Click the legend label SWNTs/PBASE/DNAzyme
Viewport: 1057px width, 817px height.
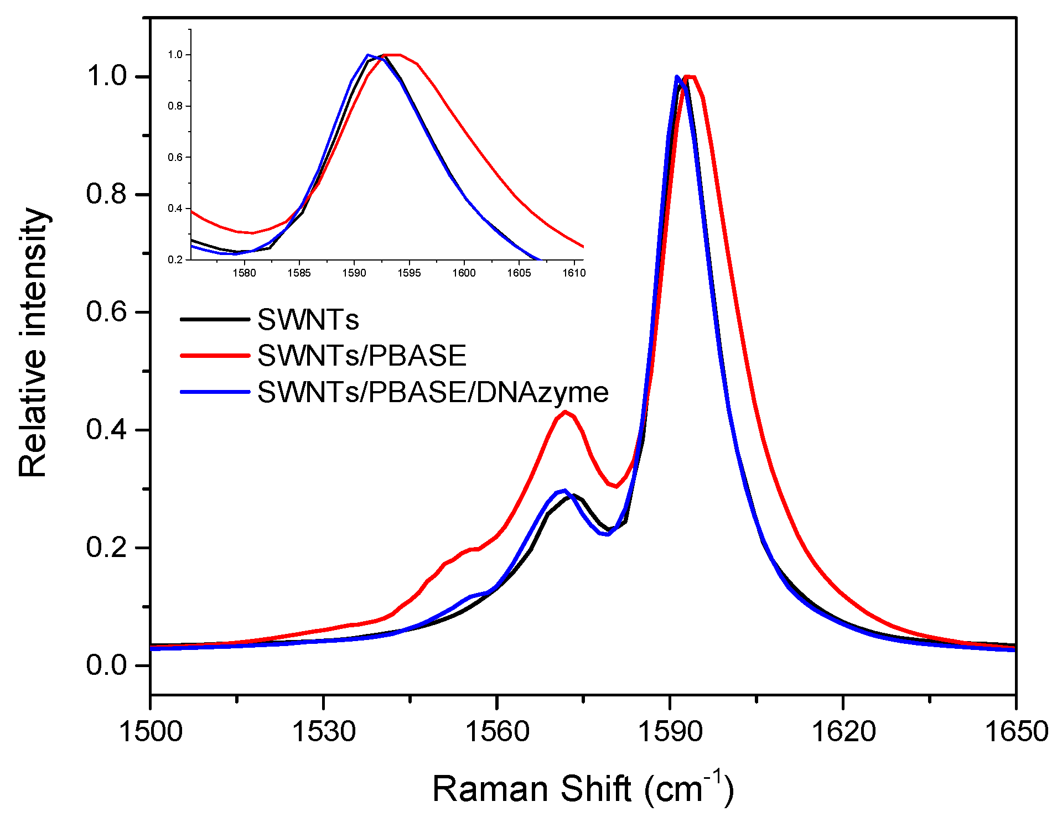point(433,392)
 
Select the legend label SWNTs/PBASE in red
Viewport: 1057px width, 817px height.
point(362,356)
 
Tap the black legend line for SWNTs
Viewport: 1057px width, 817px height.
point(215,319)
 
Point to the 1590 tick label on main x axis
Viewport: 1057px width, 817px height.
point(670,731)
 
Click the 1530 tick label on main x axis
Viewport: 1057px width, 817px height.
point(324,731)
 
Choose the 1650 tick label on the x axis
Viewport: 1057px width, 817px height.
point(1016,731)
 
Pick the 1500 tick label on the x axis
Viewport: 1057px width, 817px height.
point(151,731)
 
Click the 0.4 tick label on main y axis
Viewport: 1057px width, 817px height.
point(106,430)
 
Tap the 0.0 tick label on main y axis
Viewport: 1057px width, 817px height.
point(106,665)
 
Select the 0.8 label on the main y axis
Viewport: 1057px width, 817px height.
point(106,194)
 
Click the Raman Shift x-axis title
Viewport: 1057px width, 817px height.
point(582,788)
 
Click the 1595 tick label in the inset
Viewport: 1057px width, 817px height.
point(409,273)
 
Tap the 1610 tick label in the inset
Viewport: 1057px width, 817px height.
point(574,273)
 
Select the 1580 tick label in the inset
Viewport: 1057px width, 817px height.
point(244,273)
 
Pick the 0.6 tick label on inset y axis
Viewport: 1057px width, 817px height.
point(175,158)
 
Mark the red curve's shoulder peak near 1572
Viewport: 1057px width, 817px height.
point(565,412)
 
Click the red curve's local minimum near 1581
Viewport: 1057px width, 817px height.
point(616,486)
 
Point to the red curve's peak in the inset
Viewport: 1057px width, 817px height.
point(393,55)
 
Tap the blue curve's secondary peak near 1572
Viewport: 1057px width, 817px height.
point(564,491)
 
